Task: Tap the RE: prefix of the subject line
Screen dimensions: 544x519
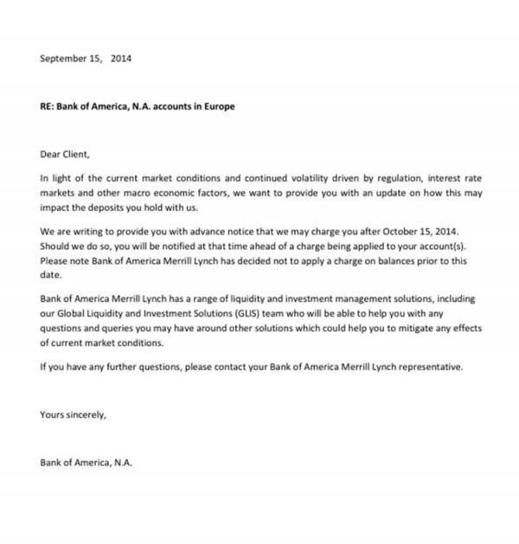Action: tap(47, 107)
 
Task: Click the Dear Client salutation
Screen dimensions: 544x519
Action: tap(65, 155)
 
